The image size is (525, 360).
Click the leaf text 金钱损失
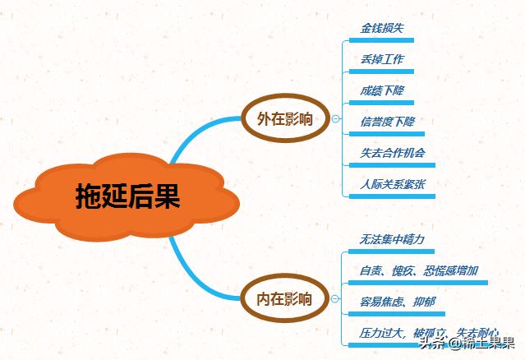(382, 28)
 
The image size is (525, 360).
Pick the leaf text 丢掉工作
(382, 59)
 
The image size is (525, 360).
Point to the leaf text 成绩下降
(382, 90)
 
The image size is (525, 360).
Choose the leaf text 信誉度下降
(387, 122)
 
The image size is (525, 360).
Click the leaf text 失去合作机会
(393, 153)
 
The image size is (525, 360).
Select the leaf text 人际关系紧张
(393, 184)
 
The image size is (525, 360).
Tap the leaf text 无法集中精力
(392, 239)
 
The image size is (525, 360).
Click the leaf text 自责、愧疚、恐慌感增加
(419, 270)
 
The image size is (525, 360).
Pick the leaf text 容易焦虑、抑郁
(398, 302)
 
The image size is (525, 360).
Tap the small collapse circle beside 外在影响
(336, 120)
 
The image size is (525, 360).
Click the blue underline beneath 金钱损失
(382, 39)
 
